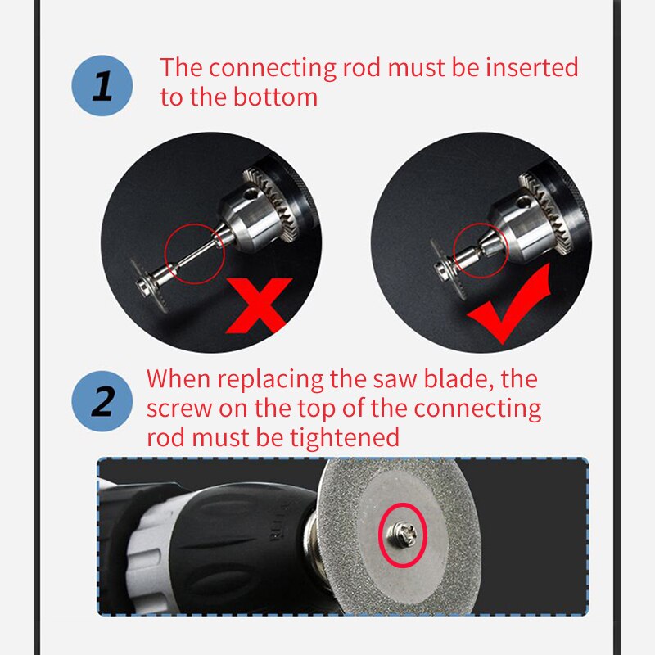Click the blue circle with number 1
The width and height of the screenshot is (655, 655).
(102, 86)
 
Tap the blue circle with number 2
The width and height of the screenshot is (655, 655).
(102, 401)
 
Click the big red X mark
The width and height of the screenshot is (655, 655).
(259, 305)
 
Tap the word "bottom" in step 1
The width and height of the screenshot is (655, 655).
(275, 97)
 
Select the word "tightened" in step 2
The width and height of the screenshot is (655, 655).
(345, 437)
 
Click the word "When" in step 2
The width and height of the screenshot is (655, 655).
(178, 379)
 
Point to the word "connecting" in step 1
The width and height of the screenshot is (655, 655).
(273, 69)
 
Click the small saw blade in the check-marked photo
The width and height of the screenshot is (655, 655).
(448, 269)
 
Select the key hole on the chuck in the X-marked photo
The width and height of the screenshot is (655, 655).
(251, 194)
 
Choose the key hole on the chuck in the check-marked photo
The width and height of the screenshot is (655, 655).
(522, 203)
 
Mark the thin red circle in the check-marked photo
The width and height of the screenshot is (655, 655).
(454, 251)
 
